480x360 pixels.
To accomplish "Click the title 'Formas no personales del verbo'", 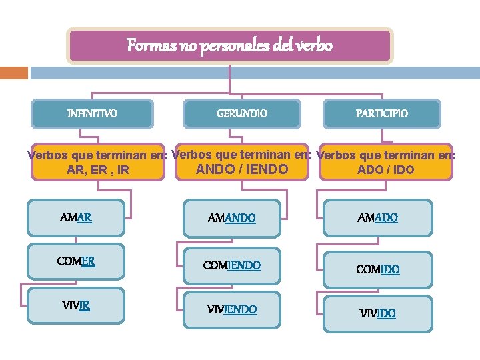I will [x=230, y=46].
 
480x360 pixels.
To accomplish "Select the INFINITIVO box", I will [x=93, y=114].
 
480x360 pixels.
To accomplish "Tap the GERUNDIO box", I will [x=242, y=114].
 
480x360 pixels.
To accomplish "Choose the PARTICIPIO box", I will [x=382, y=114].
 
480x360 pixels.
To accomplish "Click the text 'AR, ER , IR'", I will [x=98, y=171].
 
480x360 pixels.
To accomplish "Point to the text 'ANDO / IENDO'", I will [x=242, y=169].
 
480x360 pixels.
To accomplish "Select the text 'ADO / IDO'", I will [x=385, y=170].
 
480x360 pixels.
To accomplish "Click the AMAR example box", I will [x=76, y=217].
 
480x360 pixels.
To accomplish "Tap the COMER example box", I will [x=76, y=261].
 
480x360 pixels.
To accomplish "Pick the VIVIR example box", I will [x=76, y=306].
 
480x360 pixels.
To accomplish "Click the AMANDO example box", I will [x=232, y=218].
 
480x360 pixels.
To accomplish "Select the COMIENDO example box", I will [x=232, y=265].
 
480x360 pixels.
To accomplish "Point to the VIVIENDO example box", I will [x=232, y=310].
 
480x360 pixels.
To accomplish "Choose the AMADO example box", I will [x=377, y=218].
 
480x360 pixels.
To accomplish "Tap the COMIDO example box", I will [x=377, y=269].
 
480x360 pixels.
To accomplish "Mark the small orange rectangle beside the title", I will [x=13, y=72].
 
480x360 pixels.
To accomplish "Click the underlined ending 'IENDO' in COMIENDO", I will [x=243, y=265].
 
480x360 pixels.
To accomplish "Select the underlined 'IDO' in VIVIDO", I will [x=386, y=313].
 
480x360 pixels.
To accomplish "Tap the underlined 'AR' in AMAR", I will [x=84, y=217].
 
